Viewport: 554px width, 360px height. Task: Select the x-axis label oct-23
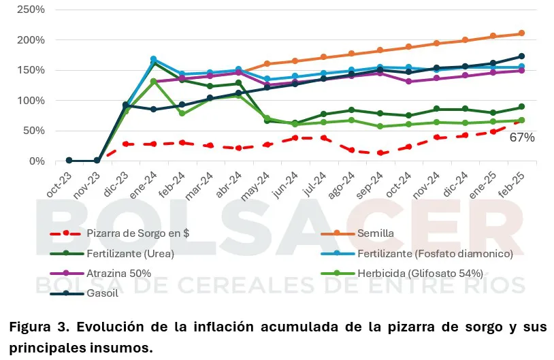(x=61, y=182)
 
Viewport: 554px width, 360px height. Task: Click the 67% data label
(x=522, y=137)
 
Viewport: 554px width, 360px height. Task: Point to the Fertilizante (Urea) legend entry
(x=130, y=253)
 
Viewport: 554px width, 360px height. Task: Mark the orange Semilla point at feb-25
(x=521, y=33)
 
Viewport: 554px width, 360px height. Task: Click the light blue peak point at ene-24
(x=153, y=59)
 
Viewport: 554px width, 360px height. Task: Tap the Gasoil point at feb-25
(x=521, y=56)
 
